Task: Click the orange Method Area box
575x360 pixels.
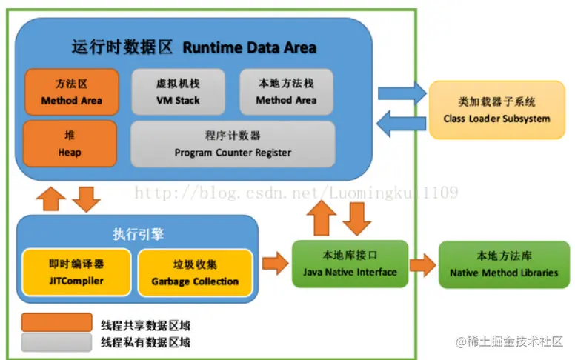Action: pyautogui.click(x=71, y=92)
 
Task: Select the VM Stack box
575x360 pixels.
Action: pyautogui.click(x=177, y=92)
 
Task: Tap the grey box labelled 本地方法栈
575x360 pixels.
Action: pyautogui.click(x=286, y=92)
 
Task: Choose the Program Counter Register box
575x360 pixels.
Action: pyautogui.click(x=233, y=144)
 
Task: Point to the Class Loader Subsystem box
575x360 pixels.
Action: pyautogui.click(x=496, y=110)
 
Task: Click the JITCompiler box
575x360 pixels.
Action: pyautogui.click(x=76, y=272)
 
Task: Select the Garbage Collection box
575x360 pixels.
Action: pyautogui.click(x=195, y=272)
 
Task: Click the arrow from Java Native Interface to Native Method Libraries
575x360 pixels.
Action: pyautogui.click(x=423, y=264)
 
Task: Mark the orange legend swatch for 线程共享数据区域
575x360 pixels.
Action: pyautogui.click(x=56, y=324)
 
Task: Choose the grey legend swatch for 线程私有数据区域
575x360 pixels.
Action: pyautogui.click(x=56, y=341)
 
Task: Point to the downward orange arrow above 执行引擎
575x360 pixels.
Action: pyautogui.click(x=87, y=199)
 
